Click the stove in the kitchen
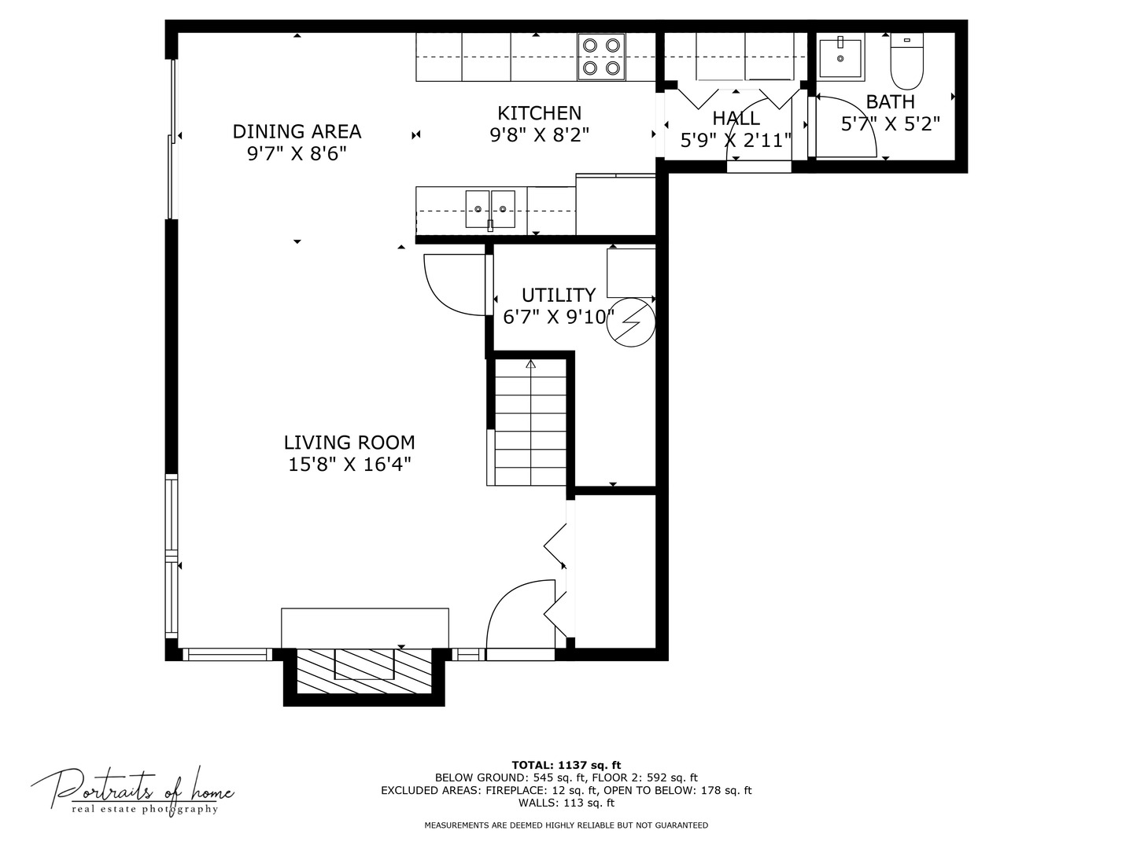(x=602, y=57)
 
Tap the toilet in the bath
(x=906, y=64)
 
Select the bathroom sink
(x=840, y=57)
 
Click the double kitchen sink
(x=489, y=209)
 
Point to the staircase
(x=530, y=424)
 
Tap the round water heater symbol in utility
(x=631, y=322)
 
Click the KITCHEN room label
(x=539, y=113)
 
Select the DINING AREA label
(x=297, y=131)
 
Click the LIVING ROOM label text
(x=349, y=443)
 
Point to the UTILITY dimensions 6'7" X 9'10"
(x=558, y=317)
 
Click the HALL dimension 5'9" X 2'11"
(x=736, y=140)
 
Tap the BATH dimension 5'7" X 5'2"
(x=891, y=123)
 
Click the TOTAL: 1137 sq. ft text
(x=566, y=765)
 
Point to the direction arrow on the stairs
(x=530, y=365)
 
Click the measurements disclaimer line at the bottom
(x=566, y=825)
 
